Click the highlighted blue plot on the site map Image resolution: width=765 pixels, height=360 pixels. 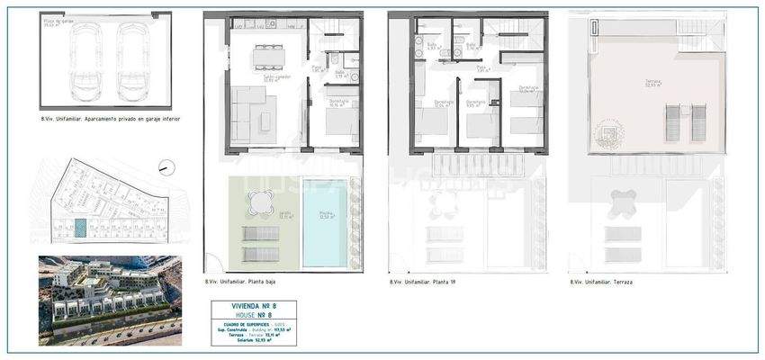click(x=79, y=230)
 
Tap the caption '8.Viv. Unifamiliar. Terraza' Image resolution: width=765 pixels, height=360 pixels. click(x=601, y=282)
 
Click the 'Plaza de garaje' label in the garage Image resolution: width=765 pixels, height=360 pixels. click(x=58, y=21)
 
